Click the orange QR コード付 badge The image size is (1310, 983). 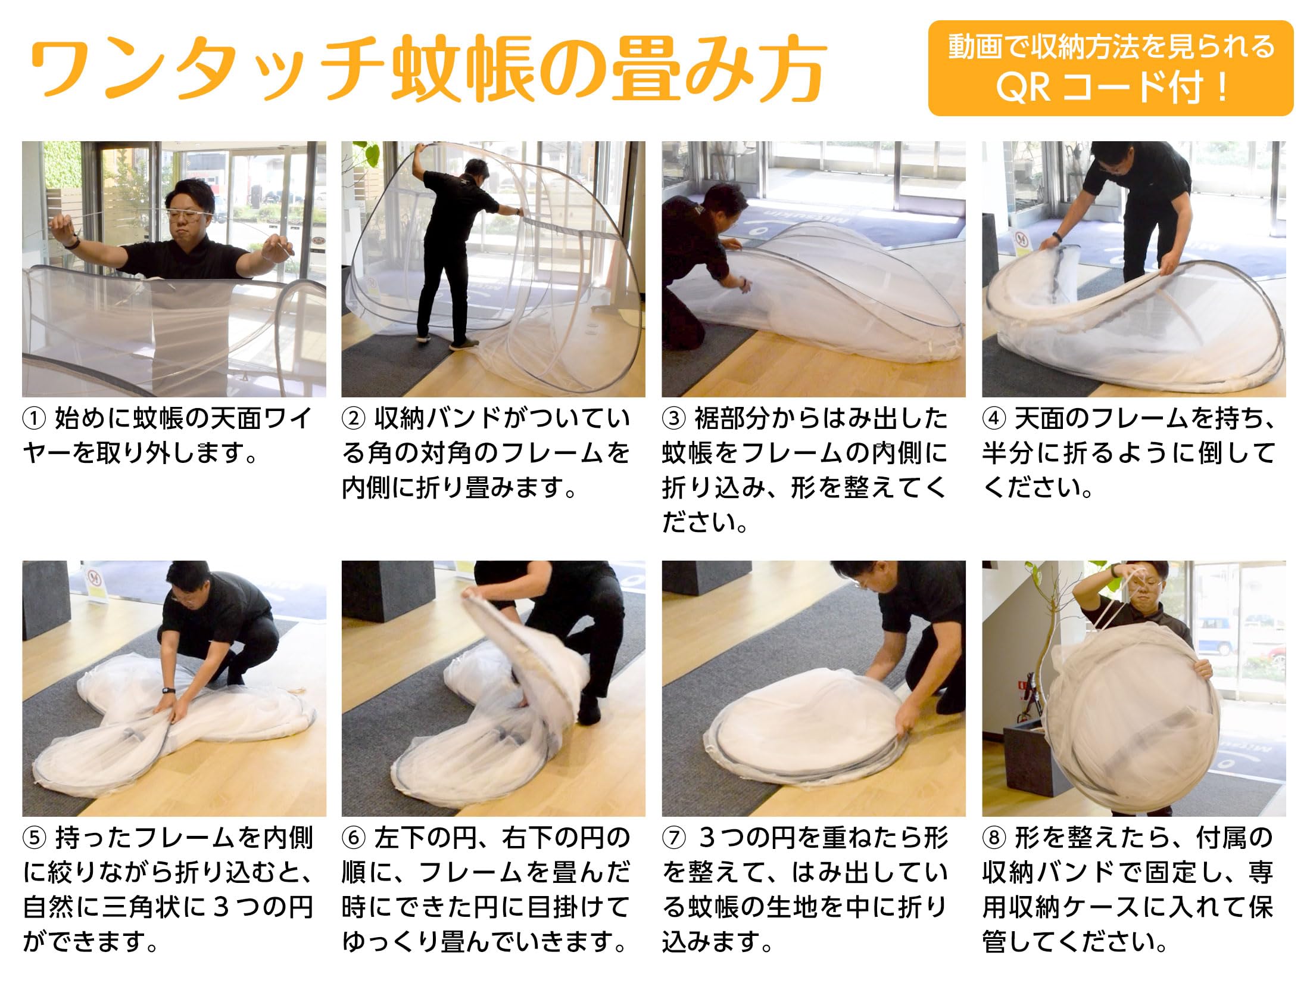pos(1111,68)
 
